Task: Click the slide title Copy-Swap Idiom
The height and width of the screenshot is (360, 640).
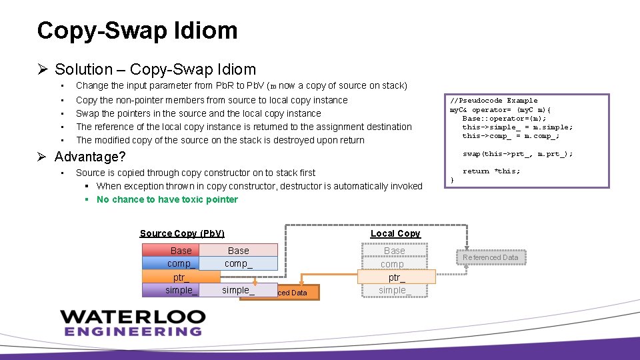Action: [137, 31]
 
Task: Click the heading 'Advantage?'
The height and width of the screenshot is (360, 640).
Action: [90, 157]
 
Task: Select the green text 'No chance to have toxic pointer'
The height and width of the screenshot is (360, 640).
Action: [167, 199]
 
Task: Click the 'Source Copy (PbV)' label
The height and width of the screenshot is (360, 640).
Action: [182, 233]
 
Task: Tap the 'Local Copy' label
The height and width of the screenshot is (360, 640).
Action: [395, 233]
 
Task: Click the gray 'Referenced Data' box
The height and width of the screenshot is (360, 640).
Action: [490, 257]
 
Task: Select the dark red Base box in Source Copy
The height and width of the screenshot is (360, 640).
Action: [171, 251]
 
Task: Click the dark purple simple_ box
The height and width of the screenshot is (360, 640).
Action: [171, 290]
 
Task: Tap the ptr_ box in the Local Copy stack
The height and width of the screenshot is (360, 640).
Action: [396, 277]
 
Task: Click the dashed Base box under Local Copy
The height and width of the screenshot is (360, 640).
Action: [394, 251]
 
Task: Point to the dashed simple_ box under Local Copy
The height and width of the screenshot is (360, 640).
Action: [394, 290]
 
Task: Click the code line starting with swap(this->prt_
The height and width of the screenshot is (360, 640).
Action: [517, 154]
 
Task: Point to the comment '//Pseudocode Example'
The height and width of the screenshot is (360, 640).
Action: [494, 101]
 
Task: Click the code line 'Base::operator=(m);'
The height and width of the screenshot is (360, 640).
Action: [501, 118]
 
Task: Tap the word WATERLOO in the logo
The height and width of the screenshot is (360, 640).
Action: [131, 316]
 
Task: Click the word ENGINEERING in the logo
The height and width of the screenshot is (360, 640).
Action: [133, 331]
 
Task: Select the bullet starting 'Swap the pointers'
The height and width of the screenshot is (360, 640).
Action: [198, 113]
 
